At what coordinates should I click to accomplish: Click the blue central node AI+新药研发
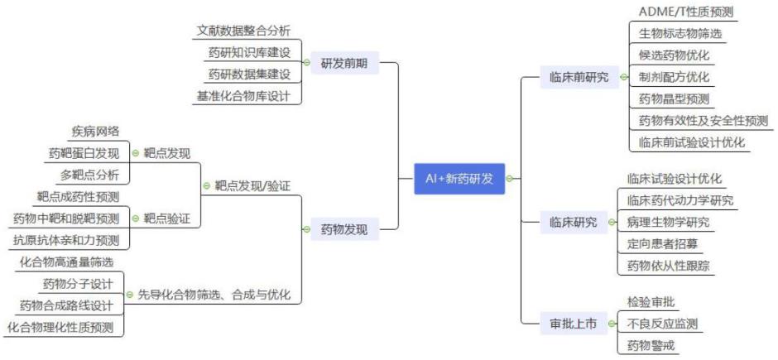(459, 179)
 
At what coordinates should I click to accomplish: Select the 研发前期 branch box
(345, 63)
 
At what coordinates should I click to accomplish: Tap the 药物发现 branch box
(345, 229)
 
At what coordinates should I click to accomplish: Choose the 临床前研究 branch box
(579, 77)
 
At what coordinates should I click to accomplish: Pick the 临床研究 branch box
(574, 222)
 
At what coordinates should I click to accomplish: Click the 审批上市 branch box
(574, 324)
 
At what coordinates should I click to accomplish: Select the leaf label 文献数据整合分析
(243, 31)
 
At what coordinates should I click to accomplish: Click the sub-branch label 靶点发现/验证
(252, 186)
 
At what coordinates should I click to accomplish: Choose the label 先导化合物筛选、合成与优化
(214, 295)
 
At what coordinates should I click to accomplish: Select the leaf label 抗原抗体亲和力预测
(66, 241)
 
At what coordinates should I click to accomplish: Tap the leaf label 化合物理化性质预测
(60, 327)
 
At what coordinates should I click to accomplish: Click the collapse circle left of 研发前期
(306, 63)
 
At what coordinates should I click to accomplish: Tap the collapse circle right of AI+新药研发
(511, 179)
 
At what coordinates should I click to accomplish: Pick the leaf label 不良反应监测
(662, 324)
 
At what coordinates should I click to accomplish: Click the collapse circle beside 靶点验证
(136, 218)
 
